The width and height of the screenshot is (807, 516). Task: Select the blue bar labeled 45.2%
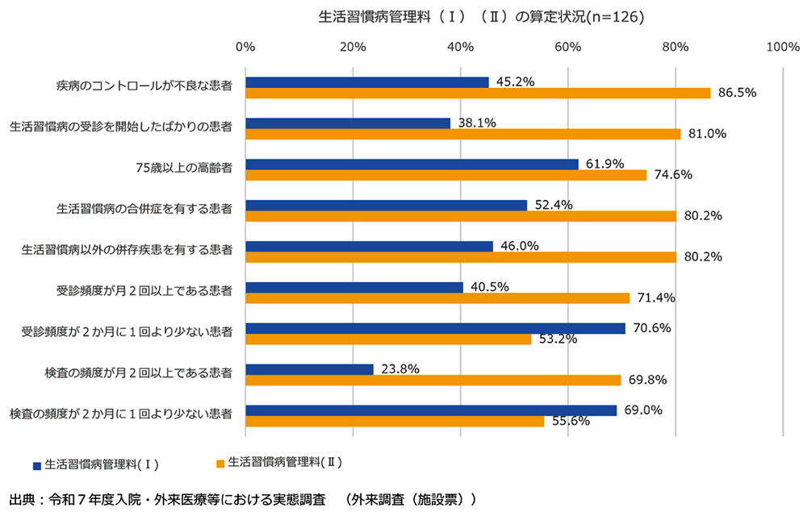coord(366,82)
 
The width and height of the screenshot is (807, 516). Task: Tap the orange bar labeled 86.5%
coord(478,93)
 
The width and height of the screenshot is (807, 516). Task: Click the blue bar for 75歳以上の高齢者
coord(412,164)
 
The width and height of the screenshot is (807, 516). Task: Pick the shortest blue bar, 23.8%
coord(309,369)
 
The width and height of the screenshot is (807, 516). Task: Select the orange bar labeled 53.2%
coord(388,339)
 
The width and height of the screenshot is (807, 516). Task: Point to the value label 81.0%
coord(705,134)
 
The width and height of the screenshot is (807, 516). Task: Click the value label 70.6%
coord(651,327)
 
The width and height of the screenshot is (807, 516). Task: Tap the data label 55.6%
coord(570,421)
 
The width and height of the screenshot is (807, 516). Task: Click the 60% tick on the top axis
coord(567,47)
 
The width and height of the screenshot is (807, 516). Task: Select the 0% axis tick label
coord(245,47)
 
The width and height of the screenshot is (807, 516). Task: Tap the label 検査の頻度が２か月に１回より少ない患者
coord(121,414)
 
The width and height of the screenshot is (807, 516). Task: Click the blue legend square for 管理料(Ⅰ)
coord(36,465)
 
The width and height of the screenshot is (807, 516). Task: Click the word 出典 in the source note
coord(21,499)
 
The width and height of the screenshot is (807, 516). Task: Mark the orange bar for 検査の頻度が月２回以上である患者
coord(433,380)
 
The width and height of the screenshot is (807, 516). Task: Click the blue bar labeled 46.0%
coord(369,246)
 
